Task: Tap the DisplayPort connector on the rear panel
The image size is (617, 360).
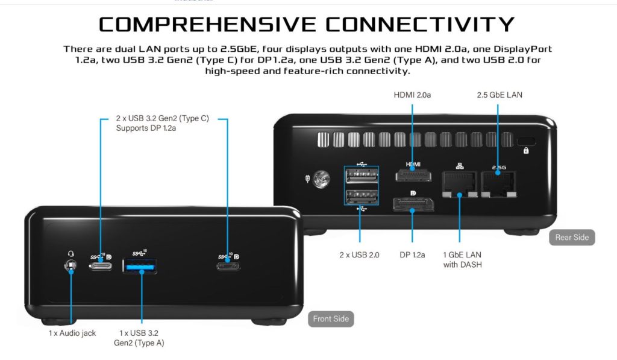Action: click(x=412, y=206)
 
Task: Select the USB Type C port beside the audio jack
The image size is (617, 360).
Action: click(x=101, y=265)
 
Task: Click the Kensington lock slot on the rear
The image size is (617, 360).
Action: click(x=526, y=145)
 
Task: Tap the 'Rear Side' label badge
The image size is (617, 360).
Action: click(x=572, y=237)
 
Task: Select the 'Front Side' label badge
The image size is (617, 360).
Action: click(x=330, y=318)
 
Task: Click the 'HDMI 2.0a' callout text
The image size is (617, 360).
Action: click(x=413, y=95)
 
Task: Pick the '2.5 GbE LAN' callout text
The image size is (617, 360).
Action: click(x=500, y=95)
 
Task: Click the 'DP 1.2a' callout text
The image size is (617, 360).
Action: click(x=412, y=254)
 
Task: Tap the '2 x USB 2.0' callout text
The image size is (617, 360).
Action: click(x=360, y=254)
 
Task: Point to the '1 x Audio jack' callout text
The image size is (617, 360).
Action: click(x=72, y=333)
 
